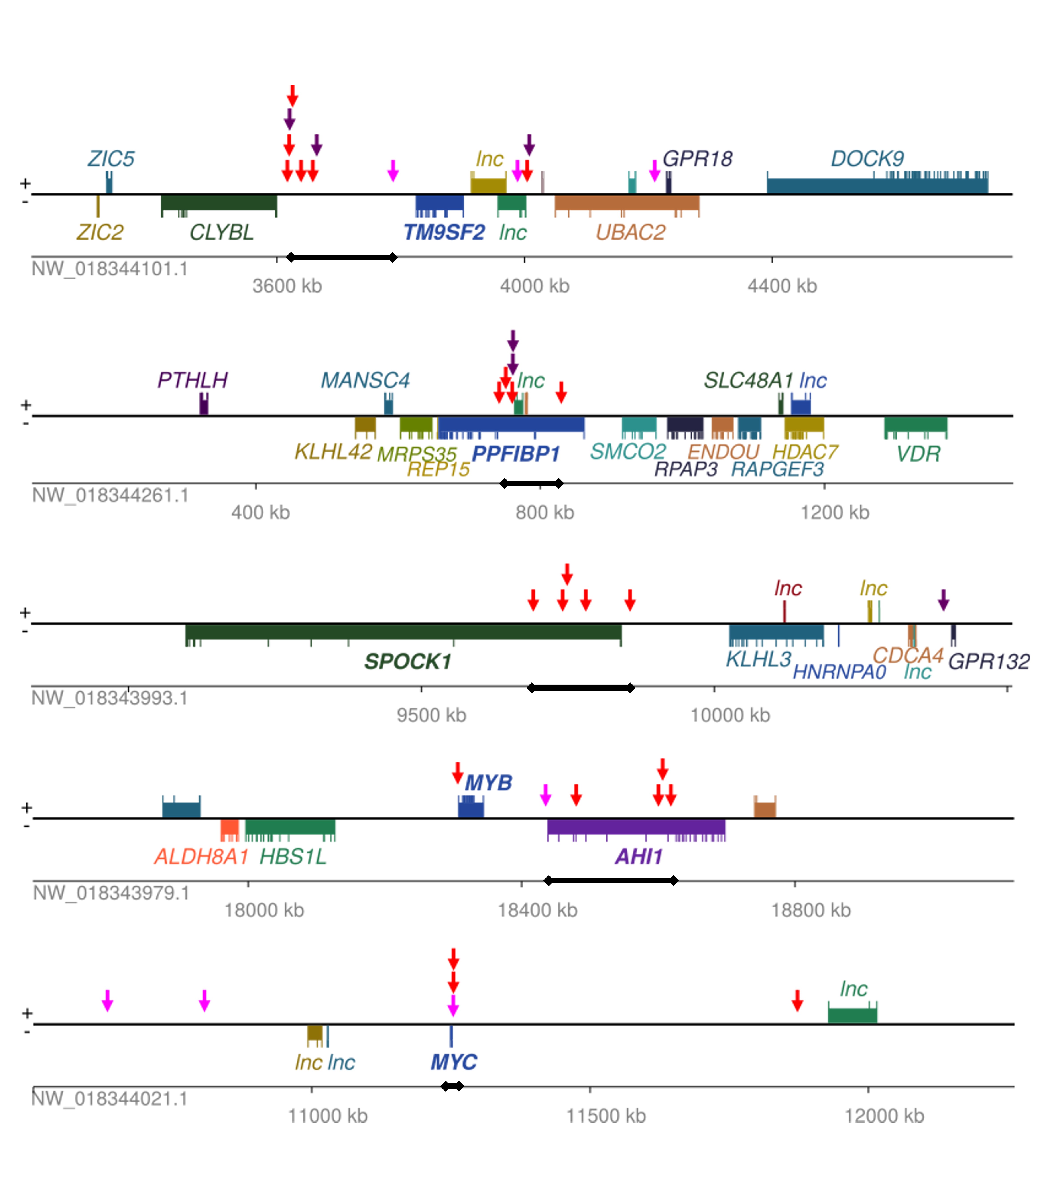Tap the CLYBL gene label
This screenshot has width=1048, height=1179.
[222, 232]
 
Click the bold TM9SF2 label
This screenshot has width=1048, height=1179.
[444, 232]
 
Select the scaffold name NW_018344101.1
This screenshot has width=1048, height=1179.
[110, 269]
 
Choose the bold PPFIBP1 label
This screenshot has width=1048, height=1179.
[516, 454]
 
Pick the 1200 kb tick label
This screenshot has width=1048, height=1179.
[835, 512]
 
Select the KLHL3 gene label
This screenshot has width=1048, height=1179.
[758, 659]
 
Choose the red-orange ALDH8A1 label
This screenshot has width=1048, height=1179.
[201, 857]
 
